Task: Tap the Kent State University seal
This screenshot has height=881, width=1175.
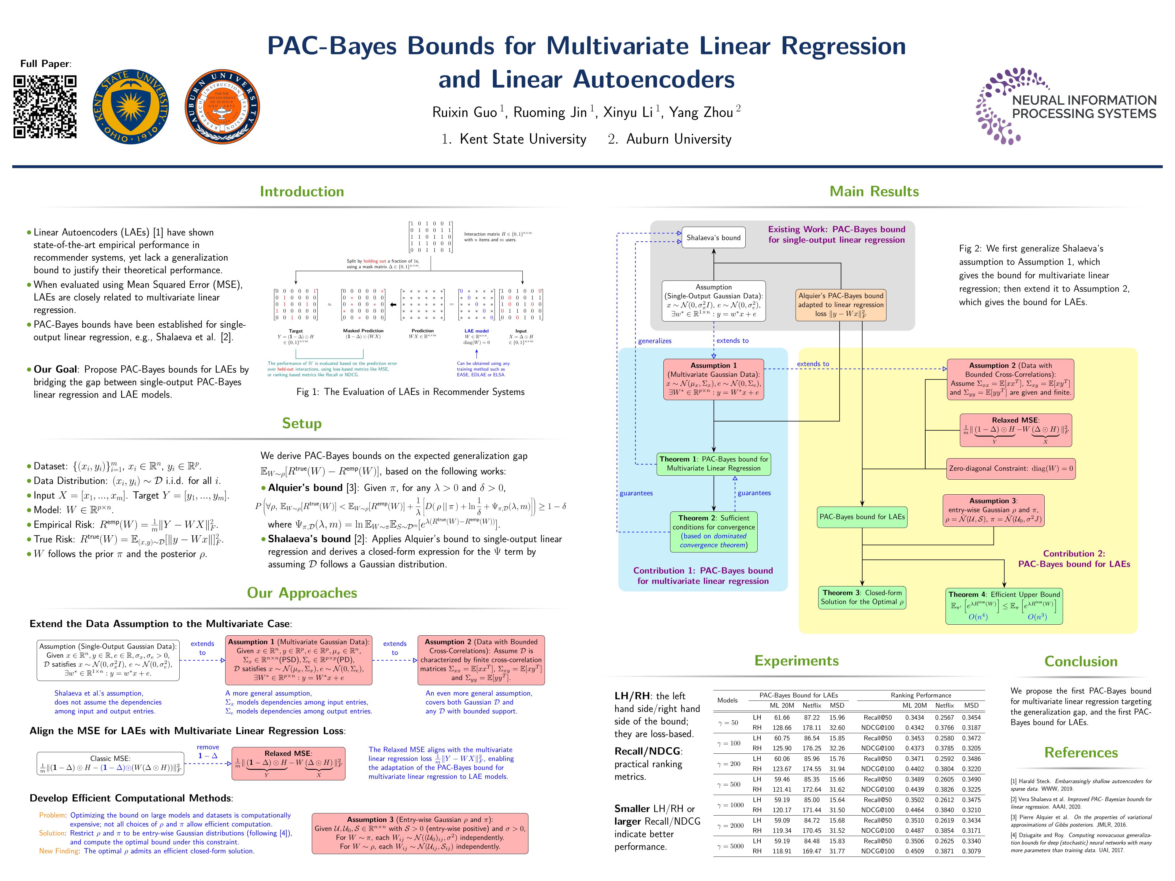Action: click(131, 107)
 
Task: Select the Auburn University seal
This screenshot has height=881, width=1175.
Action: click(222, 107)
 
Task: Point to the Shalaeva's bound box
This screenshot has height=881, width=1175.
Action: click(713, 237)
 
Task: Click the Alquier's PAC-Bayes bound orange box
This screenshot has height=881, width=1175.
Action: click(840, 305)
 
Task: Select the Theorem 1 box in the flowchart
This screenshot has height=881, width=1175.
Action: click(713, 464)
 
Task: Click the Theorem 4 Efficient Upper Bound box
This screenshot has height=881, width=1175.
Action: click(1004, 605)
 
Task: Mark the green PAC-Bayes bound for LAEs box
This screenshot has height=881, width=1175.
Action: click(862, 517)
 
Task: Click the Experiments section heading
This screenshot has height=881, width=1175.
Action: click(796, 661)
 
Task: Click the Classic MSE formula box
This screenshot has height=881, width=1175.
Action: click(110, 763)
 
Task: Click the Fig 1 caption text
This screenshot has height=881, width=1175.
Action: click(410, 392)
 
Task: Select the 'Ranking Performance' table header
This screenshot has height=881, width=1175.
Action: click(920, 695)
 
